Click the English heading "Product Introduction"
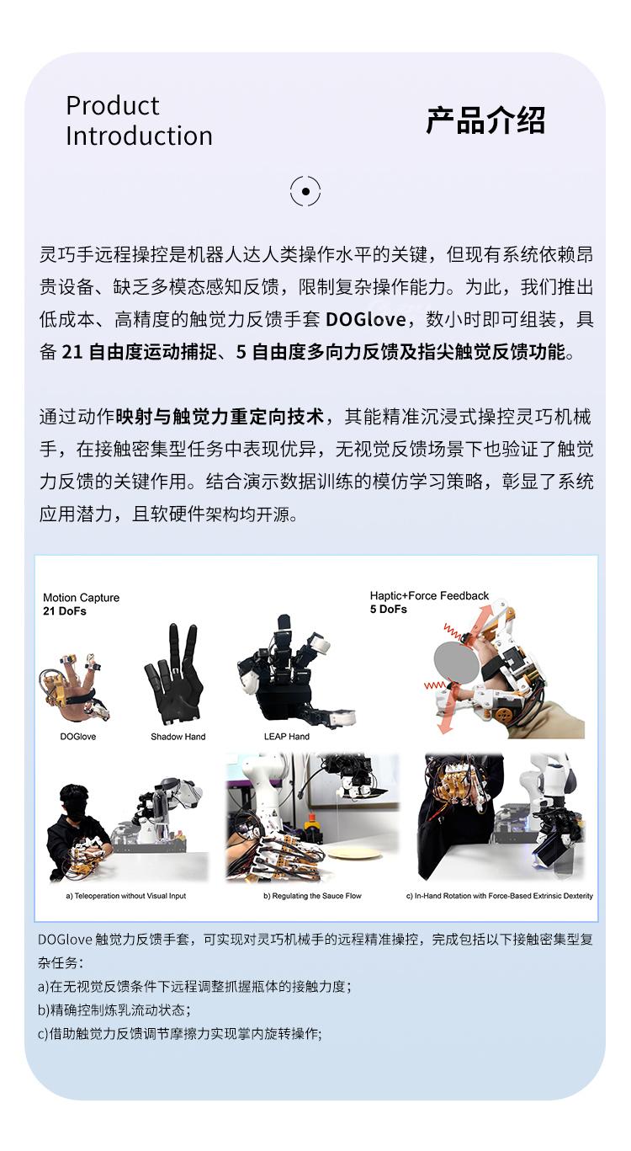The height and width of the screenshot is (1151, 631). click(x=139, y=121)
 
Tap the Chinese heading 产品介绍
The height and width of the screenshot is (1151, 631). click(x=485, y=121)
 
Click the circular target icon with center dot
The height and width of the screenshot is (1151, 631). click(x=305, y=192)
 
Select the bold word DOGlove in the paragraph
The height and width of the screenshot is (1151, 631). click(x=365, y=320)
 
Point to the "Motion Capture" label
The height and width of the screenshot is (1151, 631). click(x=81, y=598)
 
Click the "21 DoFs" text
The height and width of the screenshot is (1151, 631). click(x=65, y=611)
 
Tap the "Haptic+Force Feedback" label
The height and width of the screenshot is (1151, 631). click(x=429, y=595)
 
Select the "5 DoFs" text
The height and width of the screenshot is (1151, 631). click(x=389, y=609)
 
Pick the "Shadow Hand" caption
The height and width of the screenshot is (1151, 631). click(x=178, y=737)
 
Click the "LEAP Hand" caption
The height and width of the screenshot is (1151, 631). click(x=287, y=737)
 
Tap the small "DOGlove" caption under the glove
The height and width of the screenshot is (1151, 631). click(x=78, y=737)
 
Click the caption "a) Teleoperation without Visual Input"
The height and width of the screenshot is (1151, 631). click(x=126, y=896)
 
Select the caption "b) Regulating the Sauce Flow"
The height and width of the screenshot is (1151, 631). click(x=312, y=896)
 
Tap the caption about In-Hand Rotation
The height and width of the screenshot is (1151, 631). click(x=500, y=896)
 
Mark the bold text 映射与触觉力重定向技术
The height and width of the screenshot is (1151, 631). click(x=220, y=416)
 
